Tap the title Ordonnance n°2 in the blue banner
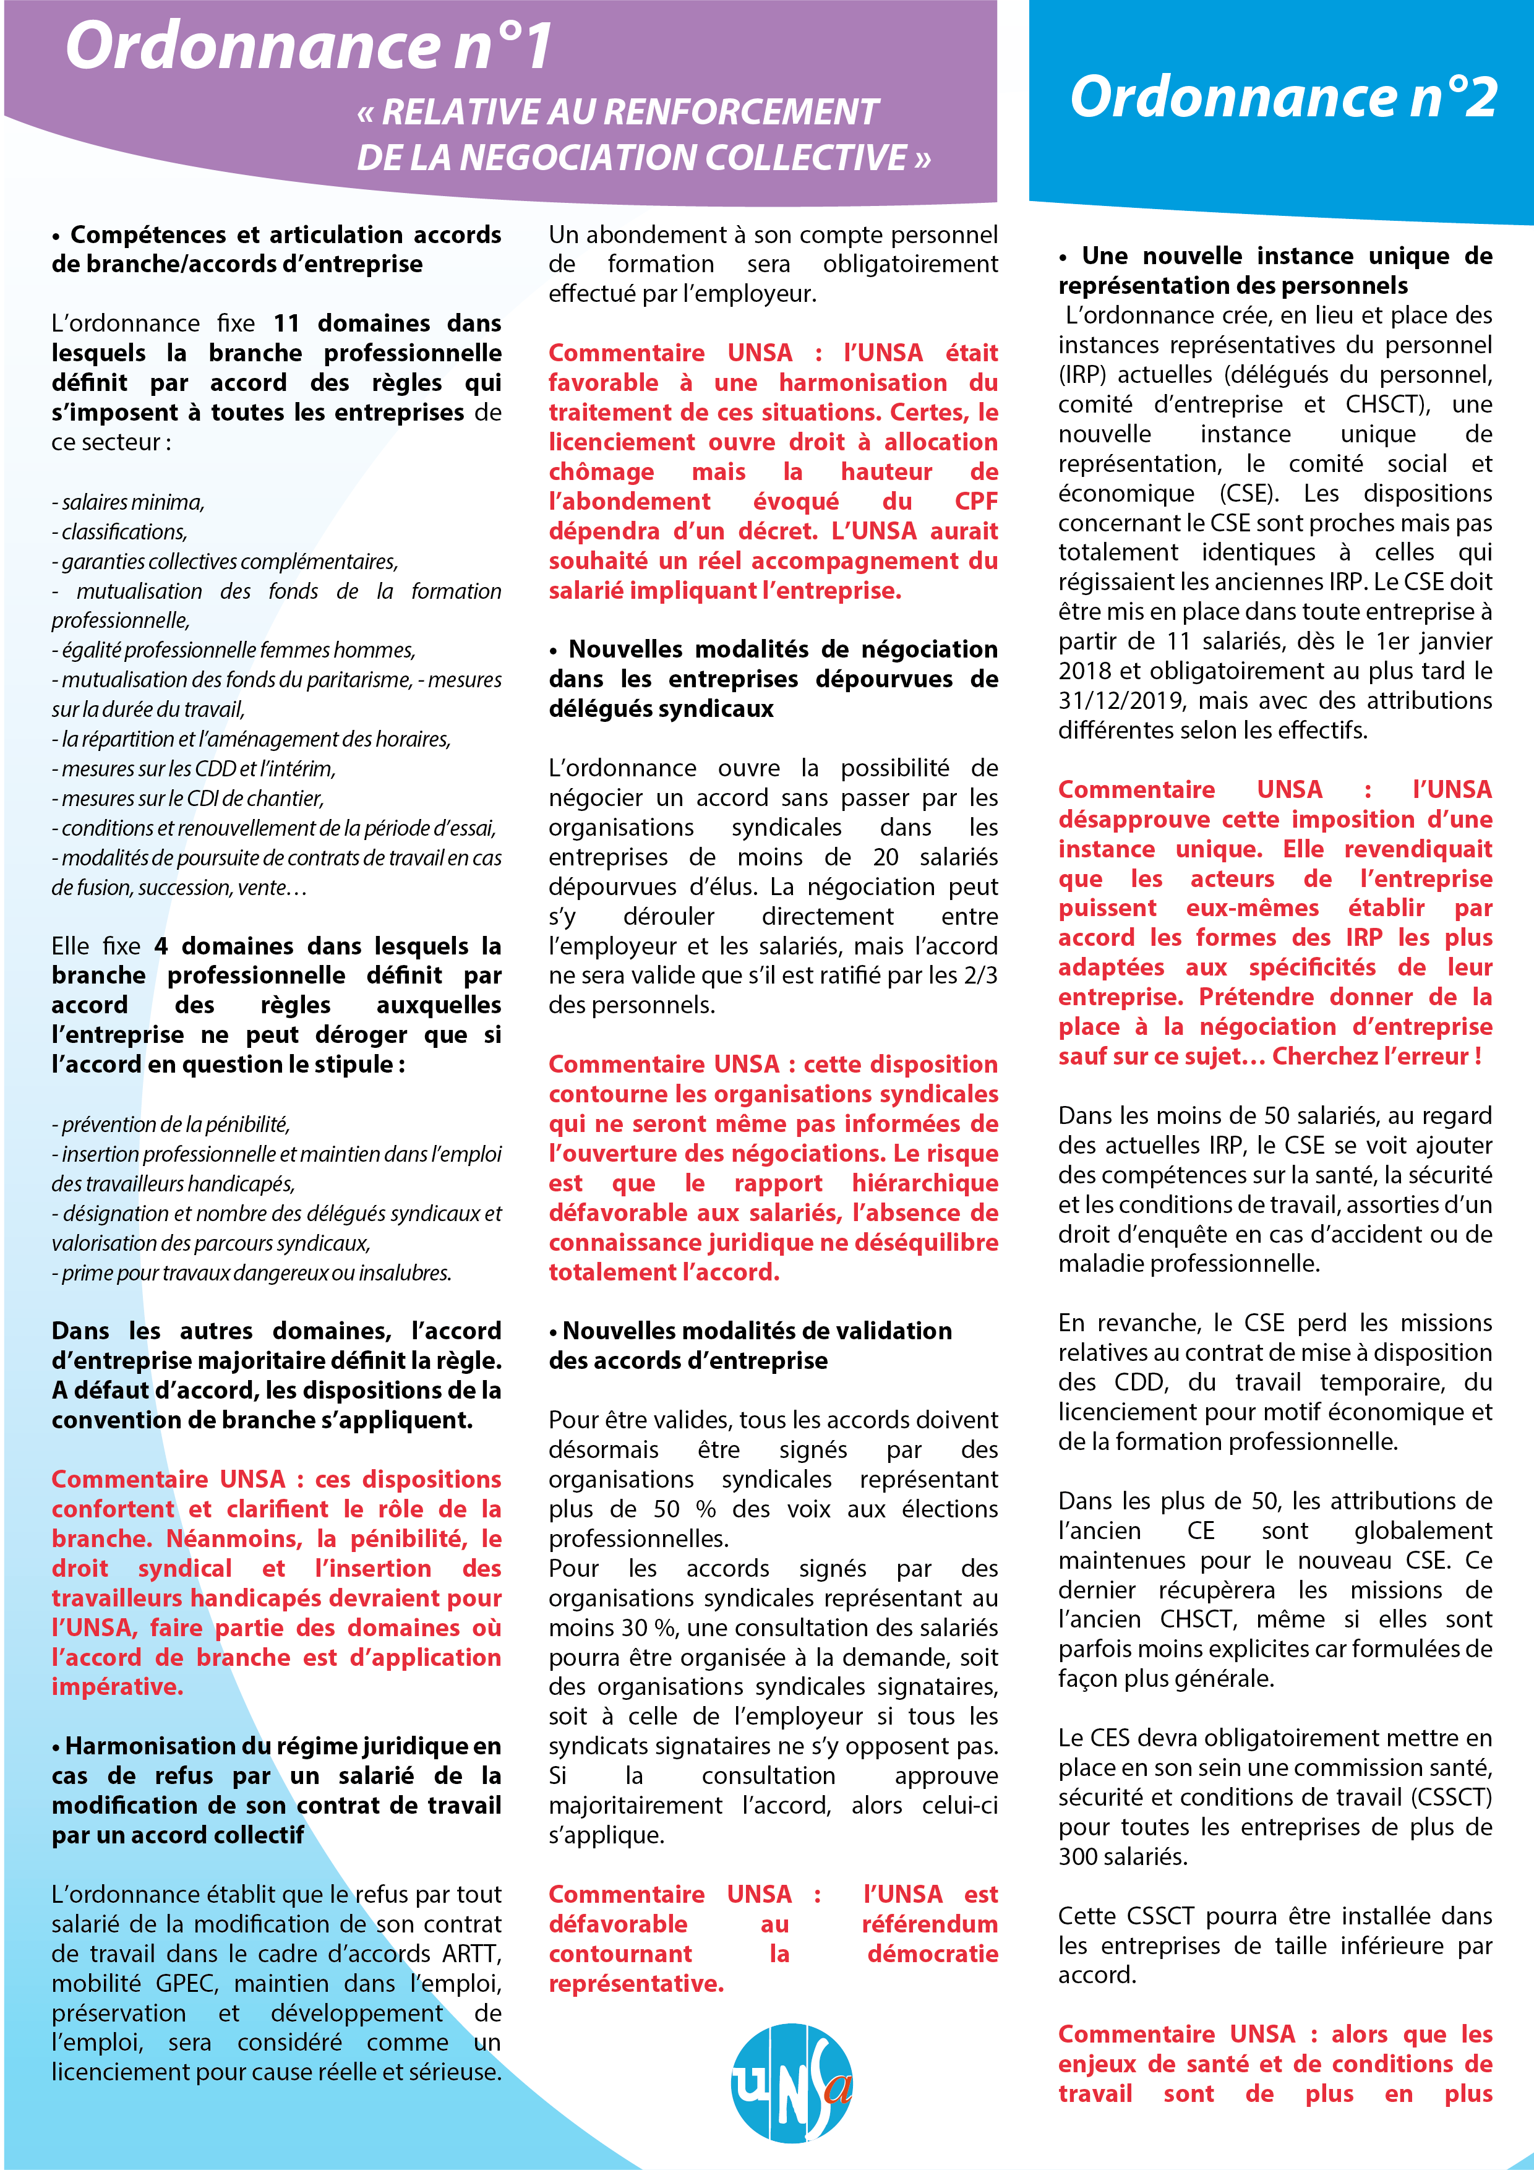tap(1283, 96)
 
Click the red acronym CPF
tap(975, 501)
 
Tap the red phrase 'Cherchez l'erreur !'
tap(1376, 1056)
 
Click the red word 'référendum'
tap(929, 1924)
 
